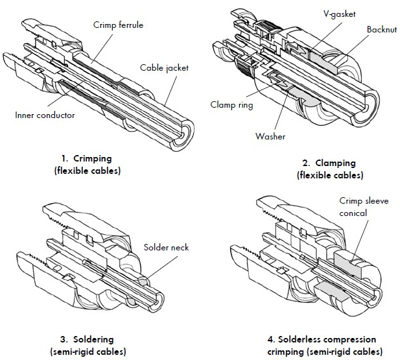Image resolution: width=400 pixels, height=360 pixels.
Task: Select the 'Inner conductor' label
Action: tap(45, 115)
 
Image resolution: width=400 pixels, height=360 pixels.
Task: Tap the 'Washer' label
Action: tap(270, 137)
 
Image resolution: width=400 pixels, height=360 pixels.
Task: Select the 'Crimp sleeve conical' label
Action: tap(364, 207)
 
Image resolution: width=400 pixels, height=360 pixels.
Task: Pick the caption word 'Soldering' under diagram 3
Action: tap(94, 339)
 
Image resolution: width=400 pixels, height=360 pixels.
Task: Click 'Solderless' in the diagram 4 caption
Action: tap(304, 339)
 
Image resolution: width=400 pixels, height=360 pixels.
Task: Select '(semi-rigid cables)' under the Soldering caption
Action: tap(87, 352)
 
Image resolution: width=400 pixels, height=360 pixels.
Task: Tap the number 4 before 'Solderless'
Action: tap(270, 339)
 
